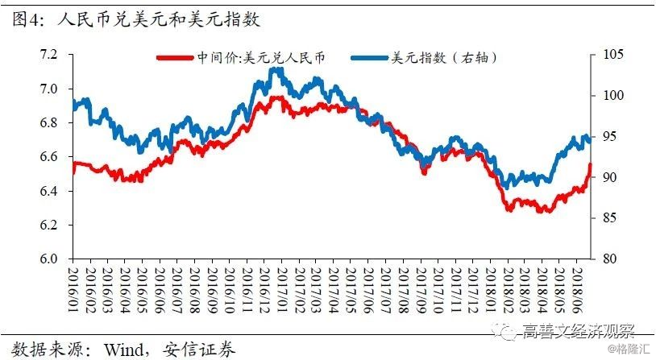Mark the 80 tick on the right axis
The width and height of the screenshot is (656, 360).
[x=602, y=259]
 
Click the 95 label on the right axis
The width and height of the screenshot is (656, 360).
[x=602, y=136]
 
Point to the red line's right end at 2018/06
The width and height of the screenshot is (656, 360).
[x=589, y=165]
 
